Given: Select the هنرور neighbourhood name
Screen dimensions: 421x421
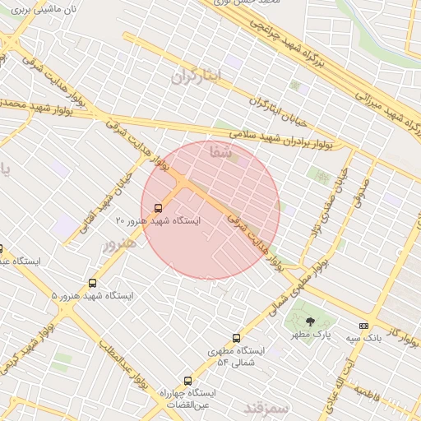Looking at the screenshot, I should coord(116,245).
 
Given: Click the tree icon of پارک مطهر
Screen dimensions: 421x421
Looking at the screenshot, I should coord(310,322).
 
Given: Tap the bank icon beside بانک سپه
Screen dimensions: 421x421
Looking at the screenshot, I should coord(363,326).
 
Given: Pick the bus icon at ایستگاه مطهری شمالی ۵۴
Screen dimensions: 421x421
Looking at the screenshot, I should coord(237,337).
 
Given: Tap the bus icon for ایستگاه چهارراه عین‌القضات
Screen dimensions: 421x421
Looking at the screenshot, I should coord(188,381).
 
